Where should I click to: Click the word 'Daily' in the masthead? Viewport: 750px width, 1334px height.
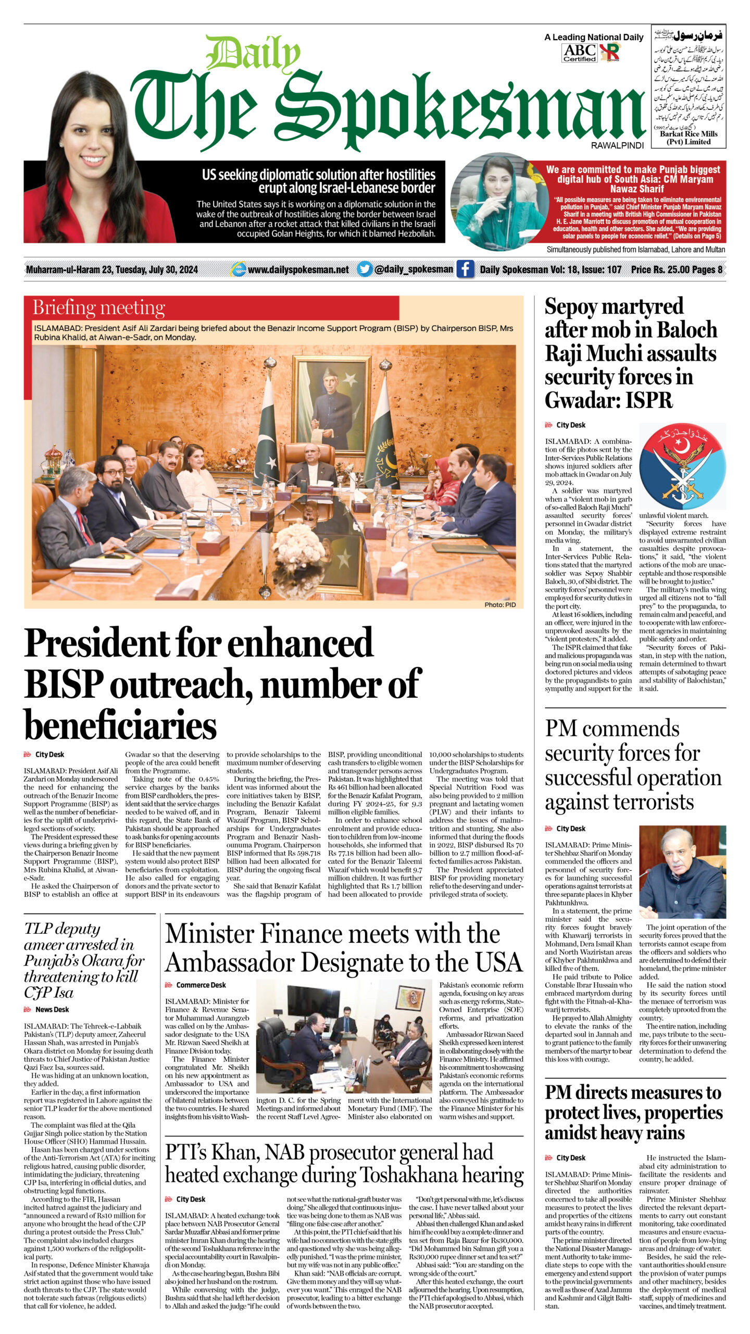[254, 54]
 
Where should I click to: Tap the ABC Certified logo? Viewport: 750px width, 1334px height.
[579, 53]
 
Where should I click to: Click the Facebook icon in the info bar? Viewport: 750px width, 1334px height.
[465, 269]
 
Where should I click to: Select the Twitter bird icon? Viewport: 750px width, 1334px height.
[365, 269]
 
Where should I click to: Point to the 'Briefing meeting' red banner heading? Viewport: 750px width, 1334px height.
[99, 307]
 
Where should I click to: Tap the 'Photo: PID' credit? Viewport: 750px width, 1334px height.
[500, 604]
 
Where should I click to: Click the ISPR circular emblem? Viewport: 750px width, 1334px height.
[682, 467]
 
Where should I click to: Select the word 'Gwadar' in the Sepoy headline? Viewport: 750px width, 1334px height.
[578, 400]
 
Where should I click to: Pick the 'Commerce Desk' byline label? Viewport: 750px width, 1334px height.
[201, 985]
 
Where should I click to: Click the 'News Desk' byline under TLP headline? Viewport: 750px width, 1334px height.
[52, 1024]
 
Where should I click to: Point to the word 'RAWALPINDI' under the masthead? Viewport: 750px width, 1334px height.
[617, 146]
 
